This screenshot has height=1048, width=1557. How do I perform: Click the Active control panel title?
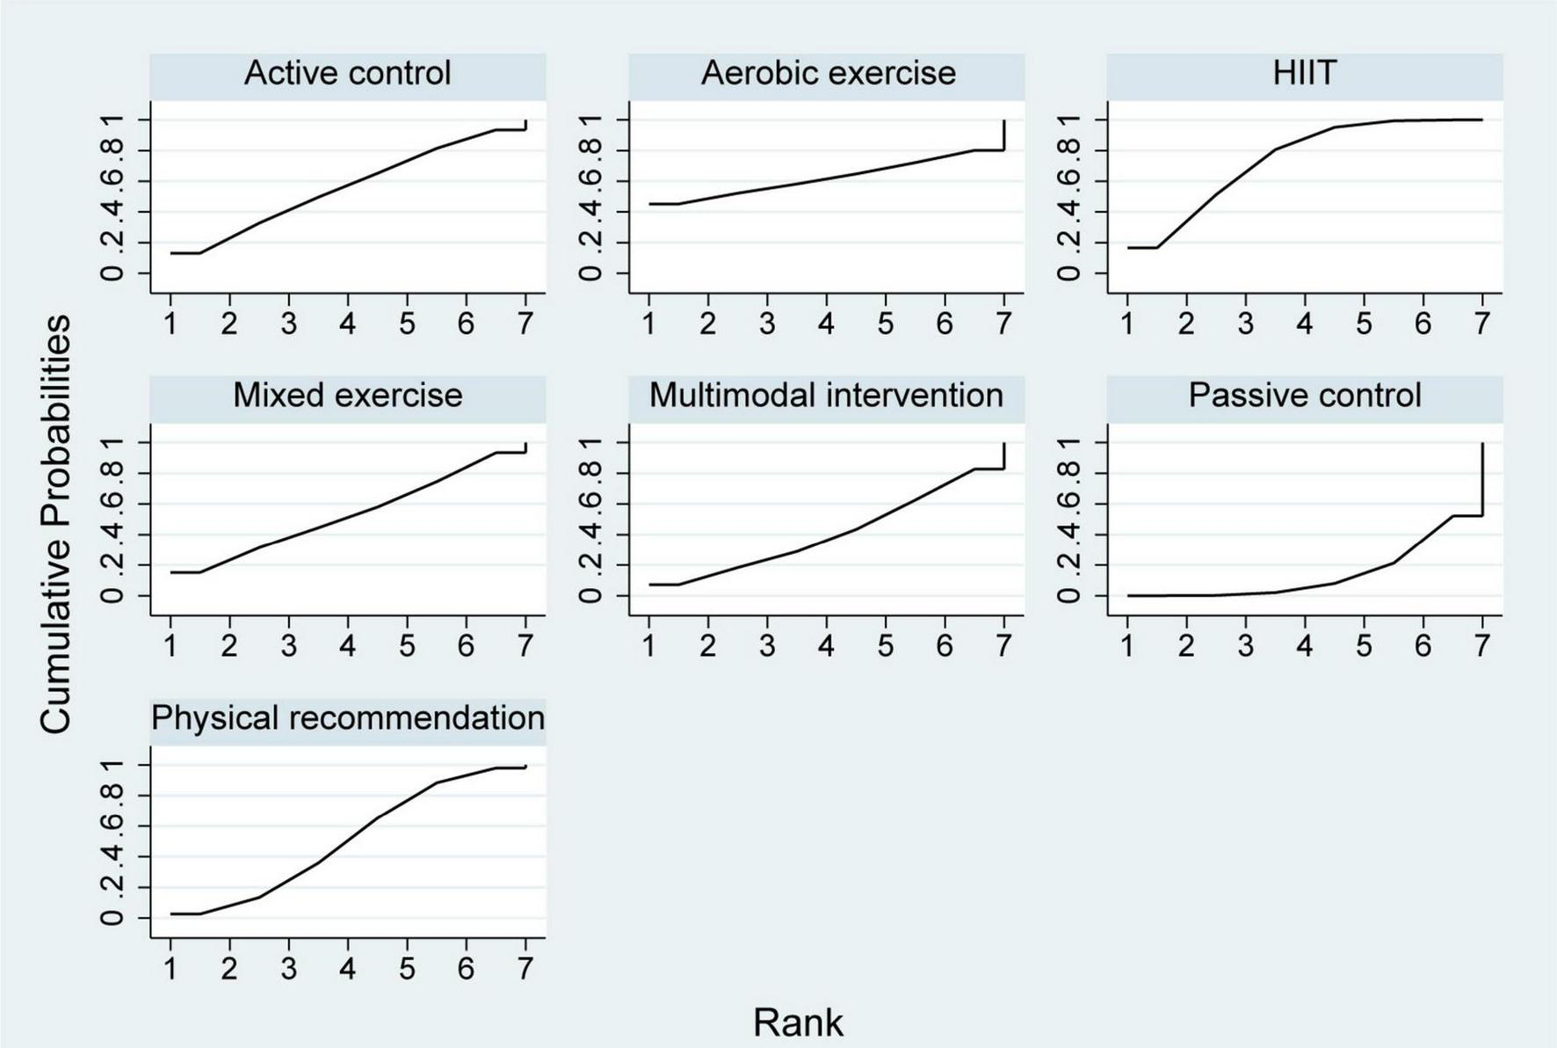pyautogui.click(x=347, y=73)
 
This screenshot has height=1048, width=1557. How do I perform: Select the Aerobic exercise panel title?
pyautogui.click(x=828, y=73)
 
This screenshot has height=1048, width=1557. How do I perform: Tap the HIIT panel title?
pyautogui.click(x=1305, y=73)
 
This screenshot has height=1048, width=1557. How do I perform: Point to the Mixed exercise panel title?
pyautogui.click(x=347, y=396)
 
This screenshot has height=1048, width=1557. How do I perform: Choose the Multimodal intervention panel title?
pyautogui.click(x=826, y=396)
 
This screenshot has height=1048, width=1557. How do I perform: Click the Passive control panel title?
pyautogui.click(x=1305, y=396)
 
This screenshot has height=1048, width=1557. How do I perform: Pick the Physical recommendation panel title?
pyautogui.click(x=348, y=718)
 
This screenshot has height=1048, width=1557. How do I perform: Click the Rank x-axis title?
pyautogui.click(x=798, y=1023)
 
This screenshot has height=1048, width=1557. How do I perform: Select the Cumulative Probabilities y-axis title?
pyautogui.click(x=55, y=525)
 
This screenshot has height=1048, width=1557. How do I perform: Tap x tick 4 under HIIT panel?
pyautogui.click(x=1305, y=324)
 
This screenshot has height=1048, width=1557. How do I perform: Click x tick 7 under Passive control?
pyautogui.click(x=1482, y=647)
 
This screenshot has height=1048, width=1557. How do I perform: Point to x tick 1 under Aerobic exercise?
pyautogui.click(x=649, y=324)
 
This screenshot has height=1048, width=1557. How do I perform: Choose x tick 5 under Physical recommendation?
pyautogui.click(x=407, y=969)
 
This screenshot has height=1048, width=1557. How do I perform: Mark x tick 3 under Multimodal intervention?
pyautogui.click(x=767, y=647)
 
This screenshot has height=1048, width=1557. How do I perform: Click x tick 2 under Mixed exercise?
pyautogui.click(x=229, y=647)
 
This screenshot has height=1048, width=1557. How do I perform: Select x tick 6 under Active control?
pyautogui.click(x=466, y=324)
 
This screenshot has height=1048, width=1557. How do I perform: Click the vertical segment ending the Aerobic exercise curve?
pyautogui.click(x=1003, y=135)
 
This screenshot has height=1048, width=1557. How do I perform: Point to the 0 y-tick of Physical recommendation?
pyautogui.click(x=112, y=918)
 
